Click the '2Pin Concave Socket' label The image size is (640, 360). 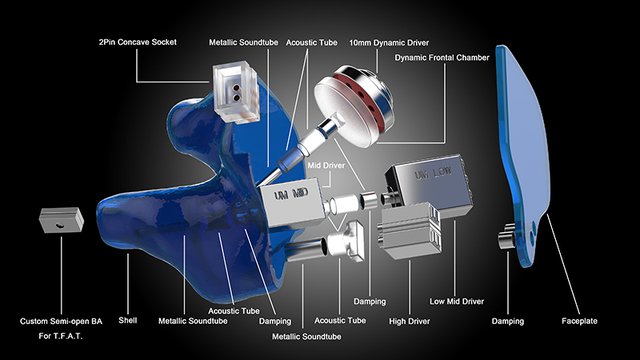[138, 42]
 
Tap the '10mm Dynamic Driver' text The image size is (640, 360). [389, 43]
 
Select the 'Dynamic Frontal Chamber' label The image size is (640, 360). [442, 58]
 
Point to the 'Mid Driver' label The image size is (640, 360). [326, 165]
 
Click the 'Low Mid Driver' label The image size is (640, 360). [457, 301]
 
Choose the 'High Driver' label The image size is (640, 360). [409, 321]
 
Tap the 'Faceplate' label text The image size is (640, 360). [579, 321]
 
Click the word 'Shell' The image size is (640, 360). [128, 320]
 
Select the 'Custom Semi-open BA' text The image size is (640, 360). [61, 321]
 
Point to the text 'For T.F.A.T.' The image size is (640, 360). [60, 336]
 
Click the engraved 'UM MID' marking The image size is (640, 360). [291, 194]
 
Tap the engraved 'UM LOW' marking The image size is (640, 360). [433, 173]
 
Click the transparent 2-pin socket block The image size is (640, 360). [236, 92]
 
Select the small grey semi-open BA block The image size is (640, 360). [61, 220]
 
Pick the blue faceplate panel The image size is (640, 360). [522, 155]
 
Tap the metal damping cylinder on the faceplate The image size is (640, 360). [507, 236]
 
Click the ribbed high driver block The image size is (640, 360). [409, 231]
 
